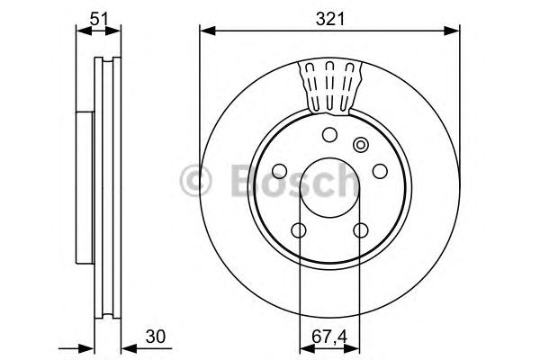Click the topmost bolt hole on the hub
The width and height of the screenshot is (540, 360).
(x=328, y=135)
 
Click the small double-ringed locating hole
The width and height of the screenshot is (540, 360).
(x=362, y=145)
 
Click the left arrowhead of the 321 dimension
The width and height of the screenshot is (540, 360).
(x=204, y=32)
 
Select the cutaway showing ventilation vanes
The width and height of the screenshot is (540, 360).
(x=329, y=85)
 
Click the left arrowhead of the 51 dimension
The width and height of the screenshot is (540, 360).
(x=80, y=32)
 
